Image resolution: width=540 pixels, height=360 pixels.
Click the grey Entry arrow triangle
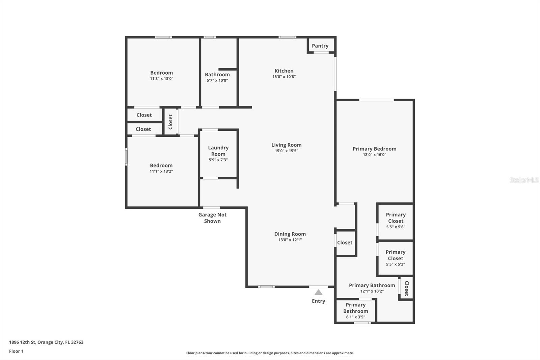[318, 292]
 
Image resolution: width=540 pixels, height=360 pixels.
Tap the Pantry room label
[320, 46]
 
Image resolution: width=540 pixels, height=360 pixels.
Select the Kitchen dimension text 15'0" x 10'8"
[284, 77]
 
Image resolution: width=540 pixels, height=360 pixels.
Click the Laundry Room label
[218, 151]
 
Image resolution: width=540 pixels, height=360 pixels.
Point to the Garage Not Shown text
[212, 218]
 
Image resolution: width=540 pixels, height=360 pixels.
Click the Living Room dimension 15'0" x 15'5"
[286, 151]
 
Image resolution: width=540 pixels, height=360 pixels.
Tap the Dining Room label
[290, 234]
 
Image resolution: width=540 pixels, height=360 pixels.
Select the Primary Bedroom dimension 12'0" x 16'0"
[374, 155]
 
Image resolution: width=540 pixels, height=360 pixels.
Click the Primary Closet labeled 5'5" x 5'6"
[396, 221]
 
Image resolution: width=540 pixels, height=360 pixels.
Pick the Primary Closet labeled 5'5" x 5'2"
[395, 258]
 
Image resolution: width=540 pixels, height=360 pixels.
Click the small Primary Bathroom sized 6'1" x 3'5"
[355, 311]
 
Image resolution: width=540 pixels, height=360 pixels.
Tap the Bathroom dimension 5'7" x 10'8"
[217, 80]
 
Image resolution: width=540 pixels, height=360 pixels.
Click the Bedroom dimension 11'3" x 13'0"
[161, 79]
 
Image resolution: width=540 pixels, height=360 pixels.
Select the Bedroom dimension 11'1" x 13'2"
[161, 171]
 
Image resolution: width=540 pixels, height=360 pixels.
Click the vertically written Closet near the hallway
[170, 122]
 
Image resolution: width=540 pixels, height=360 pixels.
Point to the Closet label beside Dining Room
[345, 242]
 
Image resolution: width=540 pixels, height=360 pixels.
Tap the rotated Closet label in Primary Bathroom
[407, 288]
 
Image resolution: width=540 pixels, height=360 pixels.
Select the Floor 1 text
[16, 351]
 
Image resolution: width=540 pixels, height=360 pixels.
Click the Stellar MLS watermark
[524, 180]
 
